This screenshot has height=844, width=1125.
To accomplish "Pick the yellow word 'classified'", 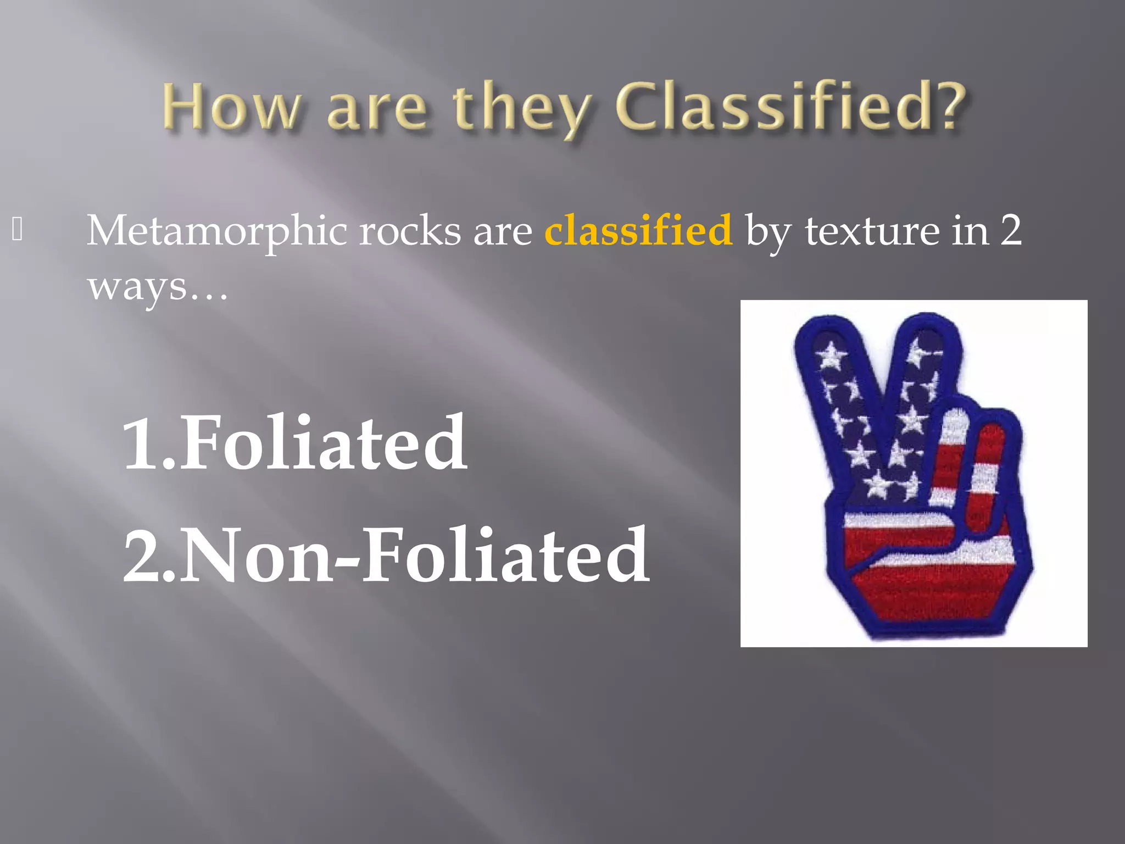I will point(638,231).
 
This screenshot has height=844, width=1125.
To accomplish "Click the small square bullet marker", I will point(17,230).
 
